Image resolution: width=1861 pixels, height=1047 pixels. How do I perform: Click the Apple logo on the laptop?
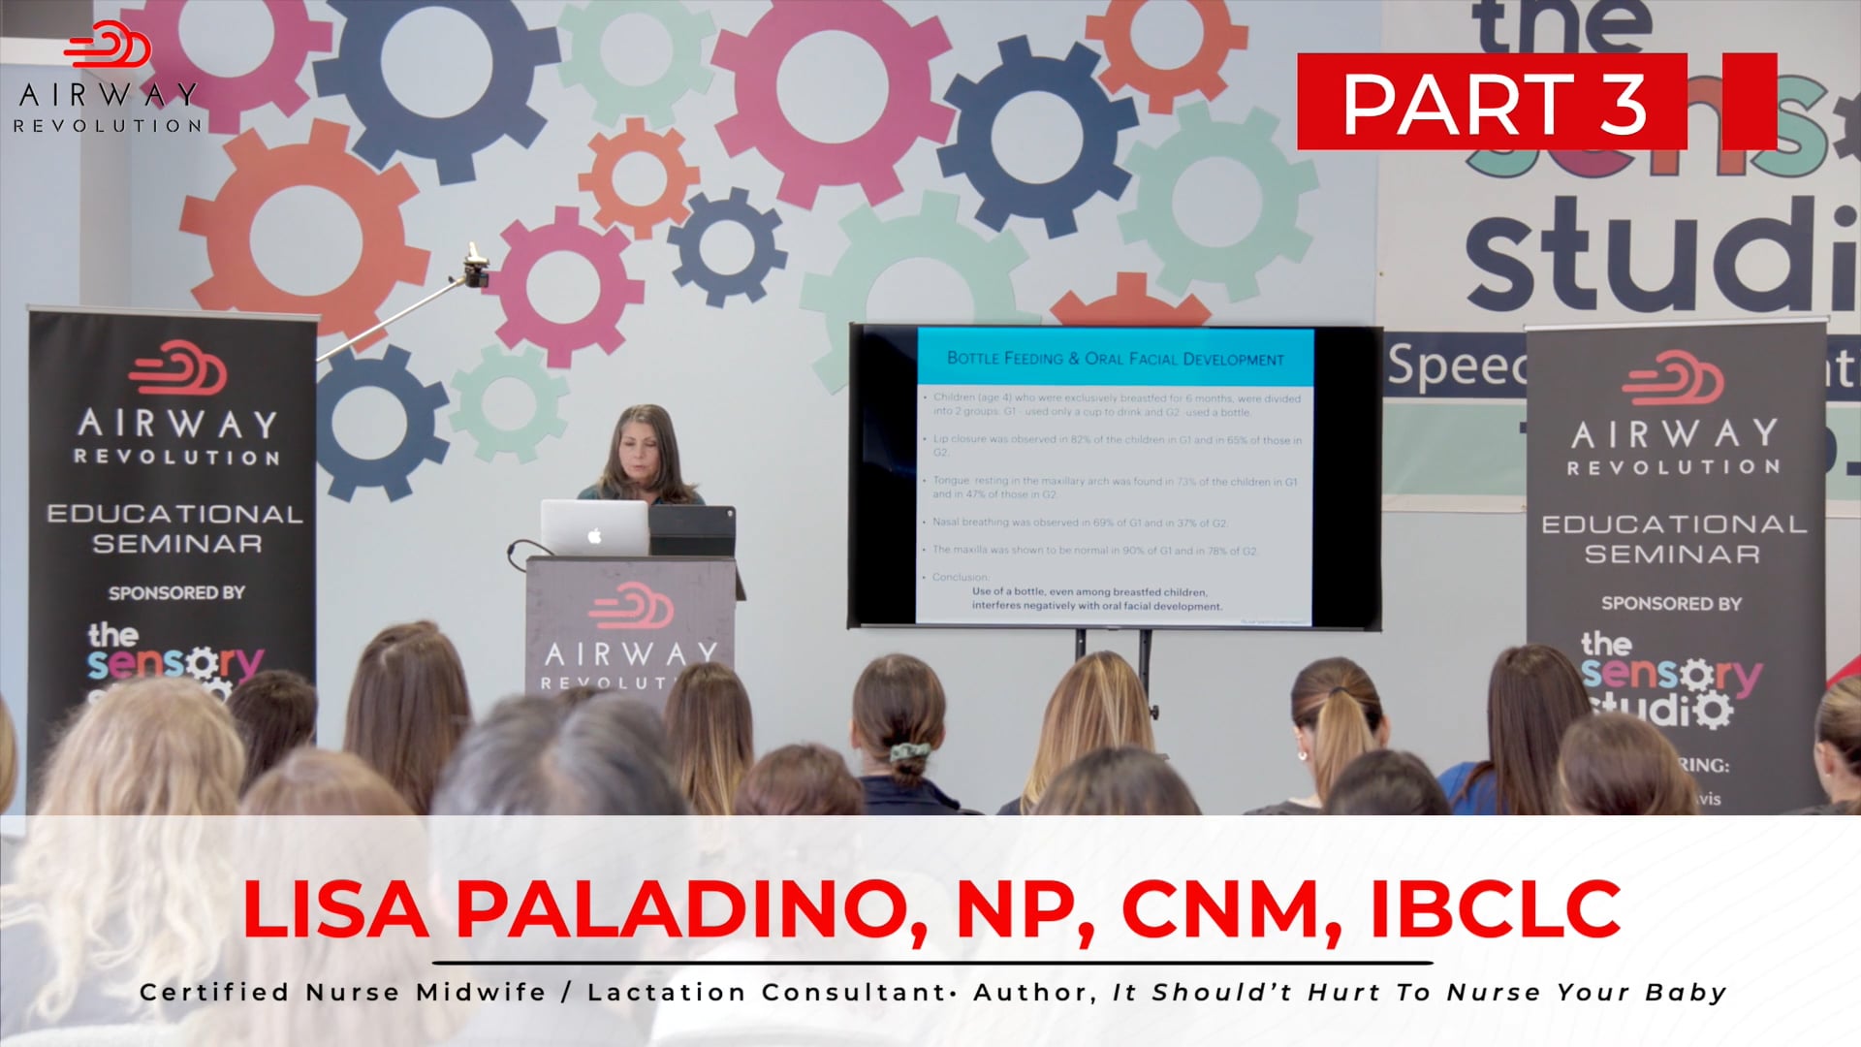595,535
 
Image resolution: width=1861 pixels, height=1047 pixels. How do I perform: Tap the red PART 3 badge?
1493,103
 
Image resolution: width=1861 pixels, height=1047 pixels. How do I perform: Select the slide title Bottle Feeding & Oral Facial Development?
1115,359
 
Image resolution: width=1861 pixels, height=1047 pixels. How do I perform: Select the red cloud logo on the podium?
630,607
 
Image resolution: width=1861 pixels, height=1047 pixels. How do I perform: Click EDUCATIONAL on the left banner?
175,514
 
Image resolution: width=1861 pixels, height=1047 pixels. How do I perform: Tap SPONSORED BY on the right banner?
1671,603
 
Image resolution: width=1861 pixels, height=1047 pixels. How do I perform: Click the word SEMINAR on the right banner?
1671,554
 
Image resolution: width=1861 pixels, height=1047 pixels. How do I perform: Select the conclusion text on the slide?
1095,598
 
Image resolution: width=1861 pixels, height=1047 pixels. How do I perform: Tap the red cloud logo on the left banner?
177,367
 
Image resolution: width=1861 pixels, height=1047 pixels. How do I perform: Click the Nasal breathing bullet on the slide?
1080,523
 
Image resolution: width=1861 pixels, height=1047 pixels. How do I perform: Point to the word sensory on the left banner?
174,664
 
